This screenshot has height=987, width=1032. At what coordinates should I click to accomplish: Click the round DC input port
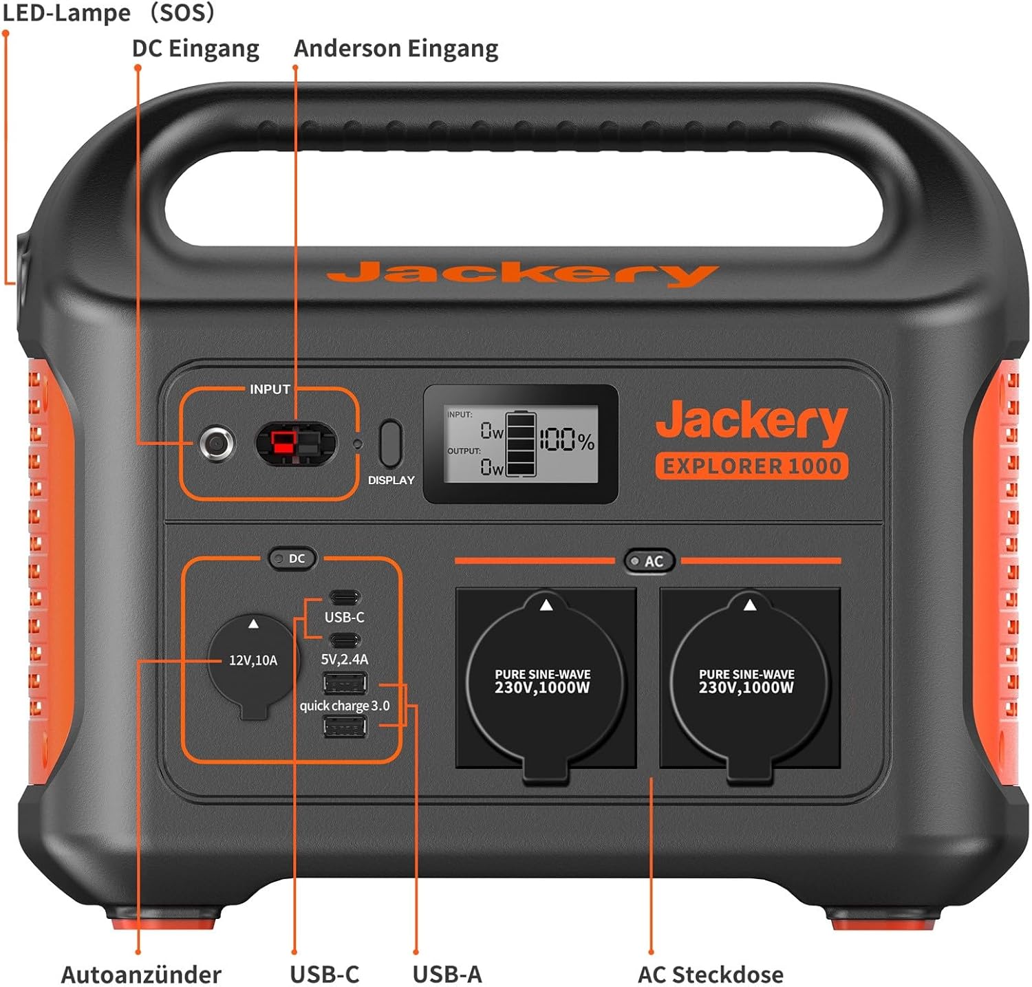coord(217,443)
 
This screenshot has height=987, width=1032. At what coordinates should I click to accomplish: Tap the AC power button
coord(648,561)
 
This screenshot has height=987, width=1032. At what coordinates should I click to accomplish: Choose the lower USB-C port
coord(345,640)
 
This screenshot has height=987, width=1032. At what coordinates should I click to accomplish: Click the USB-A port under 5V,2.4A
coord(345,684)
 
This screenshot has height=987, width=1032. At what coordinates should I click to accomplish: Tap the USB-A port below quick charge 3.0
coord(345,727)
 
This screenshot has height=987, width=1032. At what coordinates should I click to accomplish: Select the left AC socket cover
coord(545,685)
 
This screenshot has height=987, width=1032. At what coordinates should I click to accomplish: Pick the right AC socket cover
coord(749,685)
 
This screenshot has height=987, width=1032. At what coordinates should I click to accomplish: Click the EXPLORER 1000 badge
coord(751,466)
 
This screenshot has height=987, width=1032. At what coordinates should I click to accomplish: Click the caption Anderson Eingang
coord(396,49)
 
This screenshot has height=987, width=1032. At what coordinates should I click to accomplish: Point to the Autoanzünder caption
coord(141,974)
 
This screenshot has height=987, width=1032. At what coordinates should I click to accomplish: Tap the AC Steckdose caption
coord(711,974)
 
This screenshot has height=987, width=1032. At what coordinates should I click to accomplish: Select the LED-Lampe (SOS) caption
coord(109,12)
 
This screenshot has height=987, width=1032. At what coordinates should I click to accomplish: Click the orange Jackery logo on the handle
coord(523,274)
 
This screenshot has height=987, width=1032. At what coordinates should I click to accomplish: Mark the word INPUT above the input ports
coord(270,389)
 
